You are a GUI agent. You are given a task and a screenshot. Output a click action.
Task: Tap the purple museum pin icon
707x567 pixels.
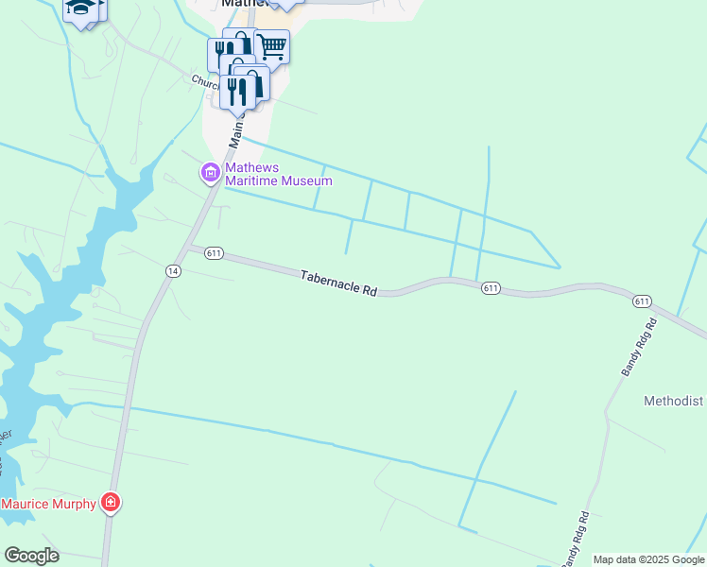point(209,173)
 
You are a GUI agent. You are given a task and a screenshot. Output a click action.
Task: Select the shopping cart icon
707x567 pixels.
point(271,45)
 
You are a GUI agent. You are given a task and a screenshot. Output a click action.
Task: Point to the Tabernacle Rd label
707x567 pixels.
point(338,284)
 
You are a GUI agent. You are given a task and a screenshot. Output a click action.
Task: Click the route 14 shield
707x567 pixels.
point(172,271)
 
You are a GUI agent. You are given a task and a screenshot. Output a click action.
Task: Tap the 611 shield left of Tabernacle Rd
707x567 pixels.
point(213,252)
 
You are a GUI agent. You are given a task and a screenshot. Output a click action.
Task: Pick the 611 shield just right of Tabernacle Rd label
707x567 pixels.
point(489,287)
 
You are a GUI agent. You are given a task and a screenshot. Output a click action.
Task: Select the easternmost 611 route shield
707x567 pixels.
point(642,301)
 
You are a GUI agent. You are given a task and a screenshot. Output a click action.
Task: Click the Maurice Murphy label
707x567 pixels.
point(48,504)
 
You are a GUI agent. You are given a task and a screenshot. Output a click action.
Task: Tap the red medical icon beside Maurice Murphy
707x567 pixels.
point(111,503)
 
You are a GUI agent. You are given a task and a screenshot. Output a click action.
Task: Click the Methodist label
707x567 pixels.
point(674,401)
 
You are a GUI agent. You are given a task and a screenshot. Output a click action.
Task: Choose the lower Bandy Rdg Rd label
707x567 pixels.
point(576,540)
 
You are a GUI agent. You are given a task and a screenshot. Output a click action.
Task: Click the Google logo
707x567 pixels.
point(31,556)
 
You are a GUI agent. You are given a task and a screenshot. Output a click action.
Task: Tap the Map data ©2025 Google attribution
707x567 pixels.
point(648,559)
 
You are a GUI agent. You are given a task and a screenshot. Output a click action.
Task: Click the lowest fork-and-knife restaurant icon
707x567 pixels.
point(236,92)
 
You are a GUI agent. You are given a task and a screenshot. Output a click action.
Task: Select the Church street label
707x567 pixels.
point(205,83)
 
